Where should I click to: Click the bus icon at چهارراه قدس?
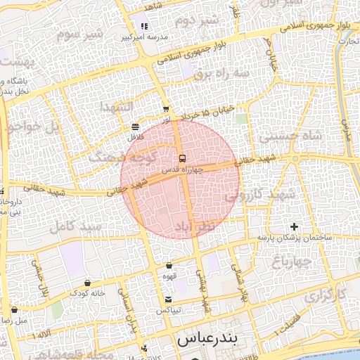(183, 157)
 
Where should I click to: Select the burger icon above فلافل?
(134, 127)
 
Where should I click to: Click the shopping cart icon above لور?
(166, 109)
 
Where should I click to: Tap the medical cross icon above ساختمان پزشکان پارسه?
(294, 226)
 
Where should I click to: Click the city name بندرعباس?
(208, 339)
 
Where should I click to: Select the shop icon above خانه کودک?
(87, 283)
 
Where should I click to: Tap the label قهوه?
(169, 276)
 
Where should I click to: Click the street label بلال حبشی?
(39, 276)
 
